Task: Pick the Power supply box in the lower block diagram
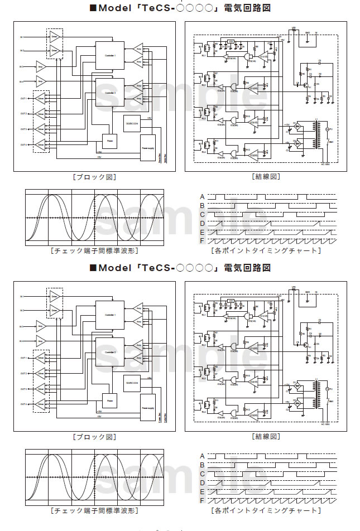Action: click(148, 409)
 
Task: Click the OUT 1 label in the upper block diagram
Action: click(23, 98)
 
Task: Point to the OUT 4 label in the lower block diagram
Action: click(23, 404)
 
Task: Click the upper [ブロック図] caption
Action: click(94, 177)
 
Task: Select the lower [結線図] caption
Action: click(266, 436)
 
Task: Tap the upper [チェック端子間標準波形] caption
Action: click(94, 250)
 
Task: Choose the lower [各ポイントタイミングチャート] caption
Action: click(266, 510)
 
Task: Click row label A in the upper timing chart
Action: click(203, 196)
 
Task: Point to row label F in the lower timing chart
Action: click(203, 500)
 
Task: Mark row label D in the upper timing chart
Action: click(203, 223)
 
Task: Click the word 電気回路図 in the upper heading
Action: click(247, 8)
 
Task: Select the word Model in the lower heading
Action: click(116, 268)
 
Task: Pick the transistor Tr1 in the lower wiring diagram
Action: click(306, 346)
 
